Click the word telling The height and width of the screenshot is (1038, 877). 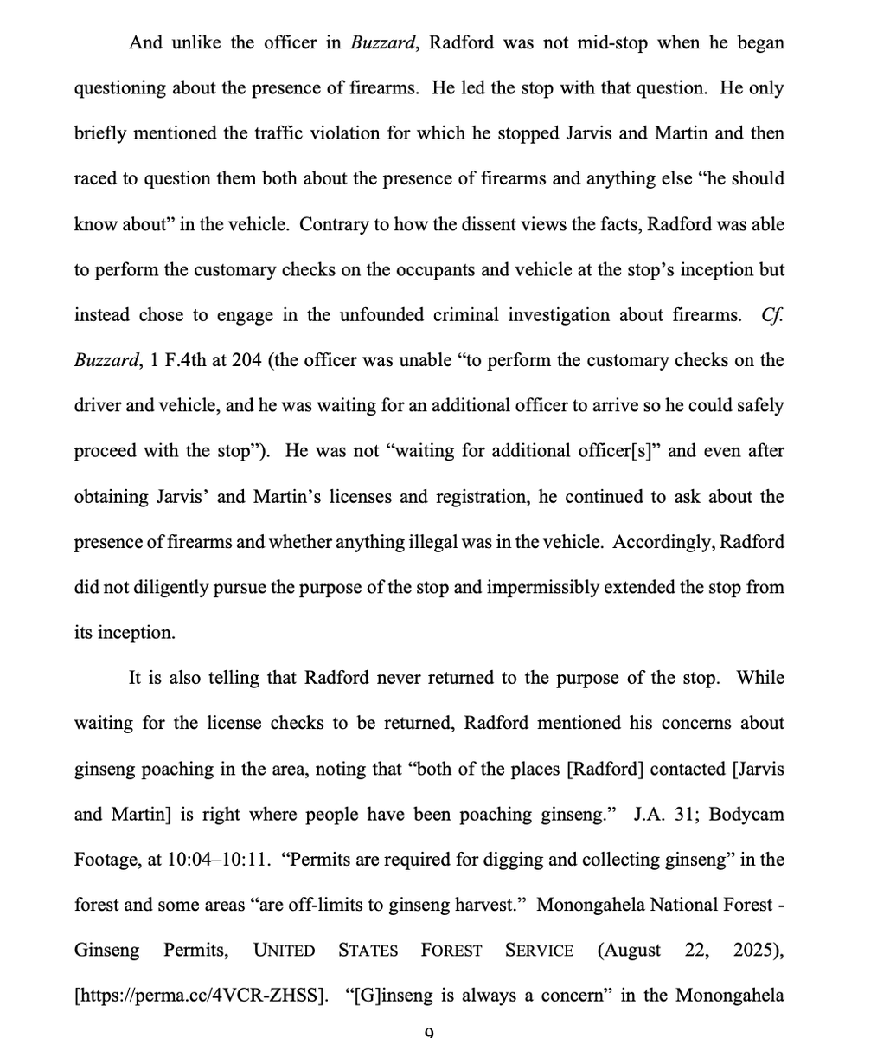tap(236, 678)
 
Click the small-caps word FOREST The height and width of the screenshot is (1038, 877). tap(451, 951)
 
